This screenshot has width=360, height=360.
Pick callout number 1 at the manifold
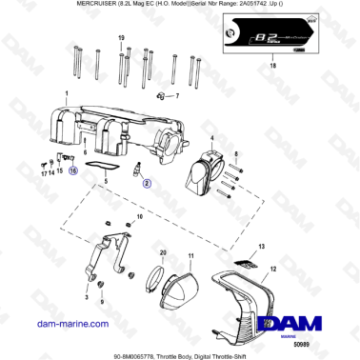66,93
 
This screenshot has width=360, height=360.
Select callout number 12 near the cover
272,270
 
